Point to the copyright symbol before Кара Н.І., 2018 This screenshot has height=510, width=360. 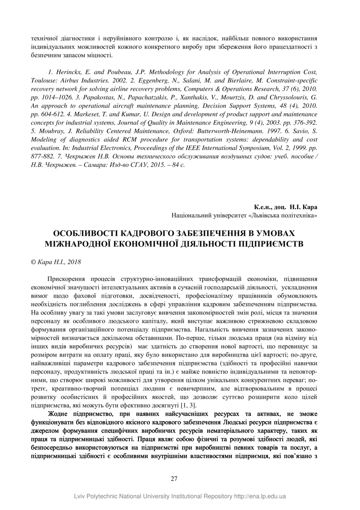click(x=34, y=261)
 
